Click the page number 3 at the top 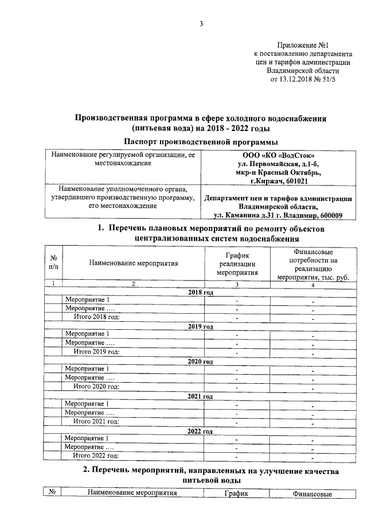(201, 24)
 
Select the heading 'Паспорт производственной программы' (201, 141)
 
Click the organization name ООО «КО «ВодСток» (278, 155)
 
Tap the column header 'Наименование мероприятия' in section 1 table (134, 263)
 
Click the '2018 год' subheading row (201, 292)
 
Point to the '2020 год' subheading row (201, 361)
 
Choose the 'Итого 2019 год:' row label (96, 352)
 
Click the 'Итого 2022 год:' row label (96, 456)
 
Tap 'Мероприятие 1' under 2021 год (87, 404)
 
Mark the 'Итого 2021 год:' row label (96, 421)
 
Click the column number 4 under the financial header (313, 284)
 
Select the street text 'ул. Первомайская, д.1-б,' (278, 164)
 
